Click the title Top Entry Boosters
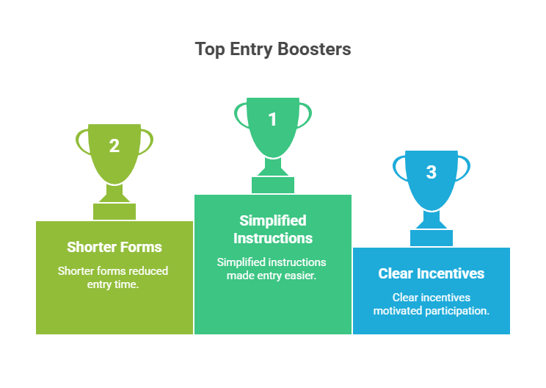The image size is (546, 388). coord(273,49)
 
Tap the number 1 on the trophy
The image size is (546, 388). coord(273,119)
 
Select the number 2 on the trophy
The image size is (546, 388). coord(114,145)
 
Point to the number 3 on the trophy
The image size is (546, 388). coord(432,172)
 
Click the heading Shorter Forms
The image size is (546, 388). coord(114,247)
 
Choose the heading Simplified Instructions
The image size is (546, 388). coord(273,229)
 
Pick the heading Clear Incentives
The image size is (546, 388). coord(432,273)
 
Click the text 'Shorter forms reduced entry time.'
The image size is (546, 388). coord(114,277)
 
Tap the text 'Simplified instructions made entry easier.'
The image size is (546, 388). coord(273,268)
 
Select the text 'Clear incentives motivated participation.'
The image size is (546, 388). coord(432,303)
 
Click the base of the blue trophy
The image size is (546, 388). coord(432,237)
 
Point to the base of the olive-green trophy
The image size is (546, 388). coord(114,211)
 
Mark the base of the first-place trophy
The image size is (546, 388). coord(273,184)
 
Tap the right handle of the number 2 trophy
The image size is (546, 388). coord(148,141)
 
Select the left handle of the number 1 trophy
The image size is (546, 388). coord(240,115)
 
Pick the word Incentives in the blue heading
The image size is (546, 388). coord(451,273)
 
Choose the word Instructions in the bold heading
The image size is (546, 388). coord(273,238)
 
